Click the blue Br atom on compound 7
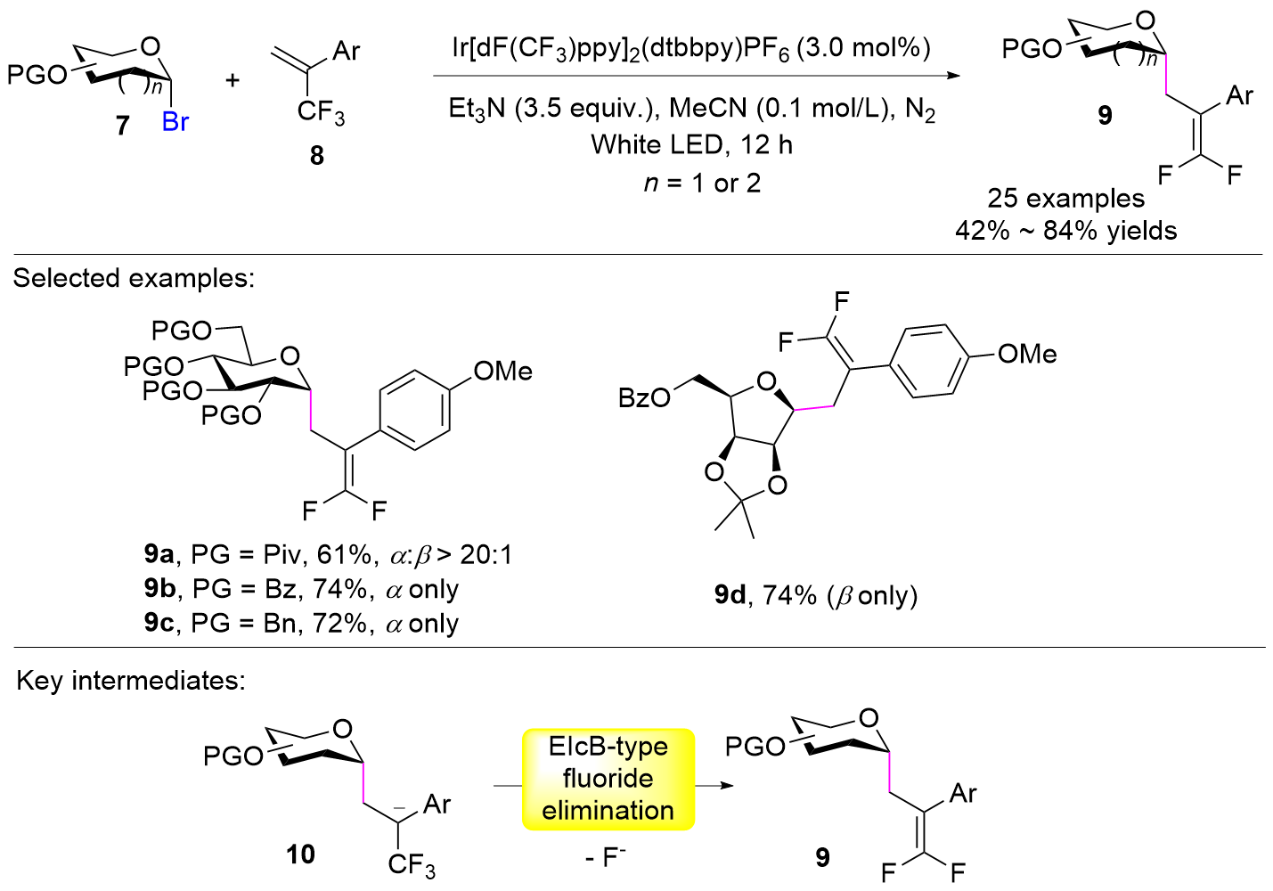(175, 122)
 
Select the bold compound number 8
(316, 156)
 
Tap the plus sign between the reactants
(233, 80)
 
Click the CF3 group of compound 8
(320, 112)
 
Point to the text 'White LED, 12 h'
(691, 144)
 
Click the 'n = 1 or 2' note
(702, 184)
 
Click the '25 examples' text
(1065, 198)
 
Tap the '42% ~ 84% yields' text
(1065, 231)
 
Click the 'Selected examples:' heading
(134, 278)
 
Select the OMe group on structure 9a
(502, 371)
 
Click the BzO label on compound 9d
(644, 397)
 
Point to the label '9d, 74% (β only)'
(815, 594)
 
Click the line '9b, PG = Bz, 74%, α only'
(301, 589)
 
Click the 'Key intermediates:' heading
(131, 681)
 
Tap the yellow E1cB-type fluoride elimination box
(608, 779)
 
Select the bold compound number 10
(300, 854)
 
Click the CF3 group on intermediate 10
(411, 864)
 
